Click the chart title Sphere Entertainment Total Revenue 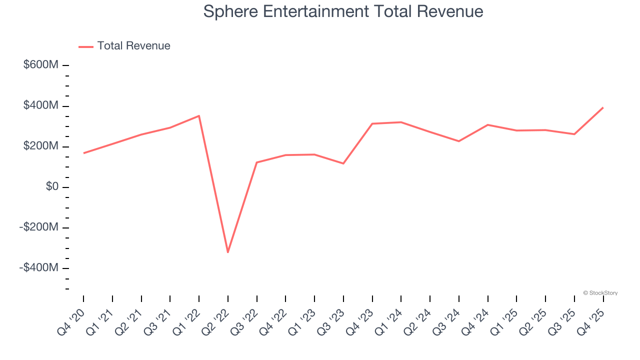point(343,11)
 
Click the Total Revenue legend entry point(133,46)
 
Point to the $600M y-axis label point(41,65)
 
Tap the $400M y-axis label point(41,105)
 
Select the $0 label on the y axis point(52,186)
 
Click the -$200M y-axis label point(39,227)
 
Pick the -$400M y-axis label point(39,267)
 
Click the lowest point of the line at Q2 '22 point(228,252)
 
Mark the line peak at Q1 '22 point(199,116)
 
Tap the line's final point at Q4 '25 point(603,107)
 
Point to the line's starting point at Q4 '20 point(83,153)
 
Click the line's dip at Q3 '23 point(343,163)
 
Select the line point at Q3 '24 point(459,141)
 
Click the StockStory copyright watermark point(600,293)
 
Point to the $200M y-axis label point(41,146)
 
